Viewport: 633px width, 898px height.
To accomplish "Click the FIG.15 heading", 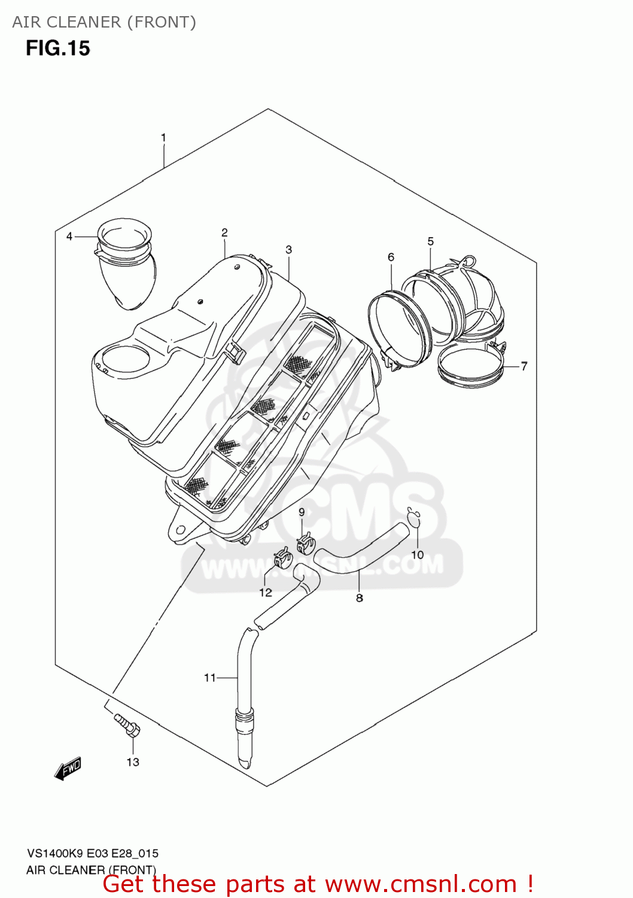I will pos(58,48).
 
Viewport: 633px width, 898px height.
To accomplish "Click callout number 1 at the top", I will pos(163,138).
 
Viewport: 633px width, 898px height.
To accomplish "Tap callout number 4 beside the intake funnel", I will pos(69,236).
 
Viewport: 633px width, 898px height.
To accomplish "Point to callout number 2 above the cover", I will pos(224,232).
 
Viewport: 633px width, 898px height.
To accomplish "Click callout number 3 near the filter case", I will pos(289,250).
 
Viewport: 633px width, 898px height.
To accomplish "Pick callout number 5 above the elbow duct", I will pos(431,241).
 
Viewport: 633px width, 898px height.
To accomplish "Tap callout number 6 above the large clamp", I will pos(391,257).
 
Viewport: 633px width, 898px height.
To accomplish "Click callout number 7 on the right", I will pos(524,366).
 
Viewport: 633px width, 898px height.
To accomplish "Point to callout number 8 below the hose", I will pos(360,597).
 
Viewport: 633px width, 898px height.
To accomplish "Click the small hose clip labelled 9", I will pos(306,544).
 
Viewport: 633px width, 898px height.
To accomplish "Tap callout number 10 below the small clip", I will pos(418,555).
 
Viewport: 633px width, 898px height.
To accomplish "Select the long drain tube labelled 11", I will pos(245,694).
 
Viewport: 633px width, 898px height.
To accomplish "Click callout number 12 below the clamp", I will pos(266,593).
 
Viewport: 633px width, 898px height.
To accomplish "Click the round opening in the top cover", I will pos(125,360).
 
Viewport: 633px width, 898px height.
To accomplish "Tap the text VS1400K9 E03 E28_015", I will pos(93,854).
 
